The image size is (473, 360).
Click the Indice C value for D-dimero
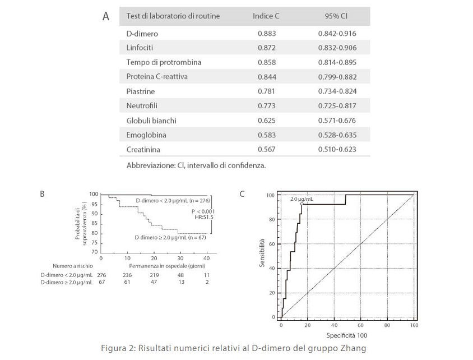coord(266,33)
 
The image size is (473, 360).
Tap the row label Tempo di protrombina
coord(164,62)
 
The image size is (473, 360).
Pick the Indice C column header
coord(266,16)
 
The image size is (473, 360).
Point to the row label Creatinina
coord(143,150)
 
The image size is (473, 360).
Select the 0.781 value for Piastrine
coord(266,91)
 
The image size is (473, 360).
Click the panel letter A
coord(105,16)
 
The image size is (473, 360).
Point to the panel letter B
coord(42,194)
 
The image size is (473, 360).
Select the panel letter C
coord(242,194)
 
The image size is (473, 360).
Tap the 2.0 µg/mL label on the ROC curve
coord(301,199)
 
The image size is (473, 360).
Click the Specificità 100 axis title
coord(346,335)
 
